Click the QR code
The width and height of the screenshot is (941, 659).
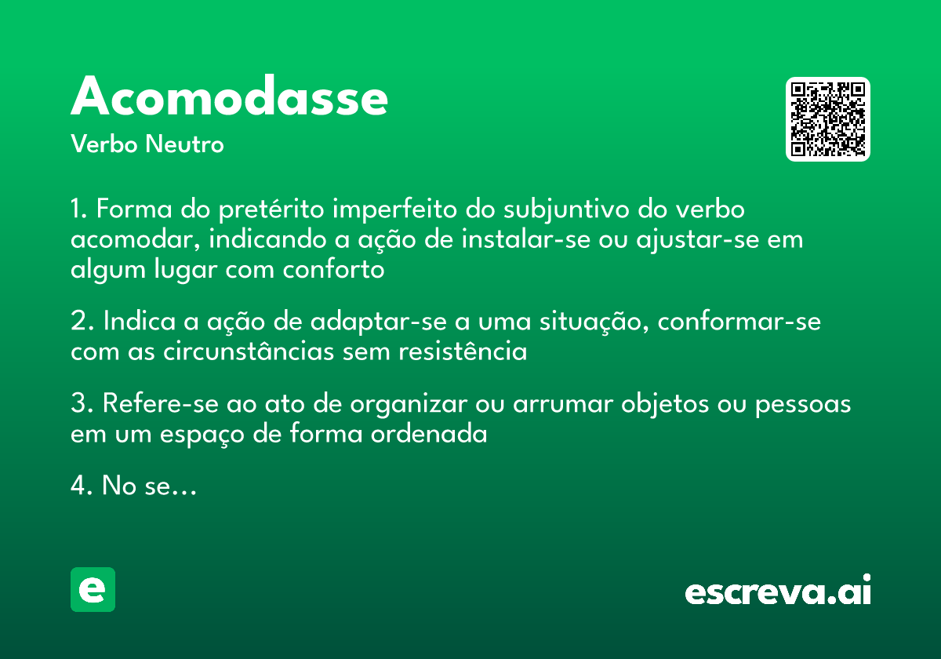(828, 119)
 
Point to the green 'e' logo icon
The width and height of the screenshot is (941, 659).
(93, 589)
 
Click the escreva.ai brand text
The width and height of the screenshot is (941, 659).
(778, 592)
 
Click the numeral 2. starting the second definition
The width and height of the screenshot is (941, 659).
(82, 322)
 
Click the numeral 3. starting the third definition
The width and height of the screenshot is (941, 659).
(82, 405)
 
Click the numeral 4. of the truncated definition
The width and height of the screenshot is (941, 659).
(82, 486)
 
